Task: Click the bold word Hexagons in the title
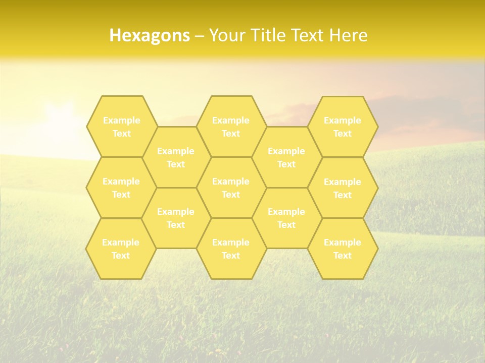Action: coord(150,35)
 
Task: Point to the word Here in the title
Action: coord(348,35)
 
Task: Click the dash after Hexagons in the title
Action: coord(199,36)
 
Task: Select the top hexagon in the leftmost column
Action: coord(121,127)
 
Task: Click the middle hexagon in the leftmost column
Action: coord(121,188)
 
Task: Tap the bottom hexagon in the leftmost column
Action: coord(121,249)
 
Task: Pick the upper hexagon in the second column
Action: coord(176,157)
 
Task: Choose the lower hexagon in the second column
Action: coord(176,218)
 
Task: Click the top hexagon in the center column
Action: coord(231,127)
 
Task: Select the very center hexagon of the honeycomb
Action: coord(231,188)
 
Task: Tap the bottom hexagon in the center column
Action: coord(231,249)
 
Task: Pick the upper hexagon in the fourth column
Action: coord(286,157)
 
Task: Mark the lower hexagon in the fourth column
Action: coord(286,218)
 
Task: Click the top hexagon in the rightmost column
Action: coord(343,127)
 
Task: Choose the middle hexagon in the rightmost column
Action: coord(343,188)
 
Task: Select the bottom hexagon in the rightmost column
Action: coord(343,249)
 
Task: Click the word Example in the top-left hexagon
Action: coord(121,120)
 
